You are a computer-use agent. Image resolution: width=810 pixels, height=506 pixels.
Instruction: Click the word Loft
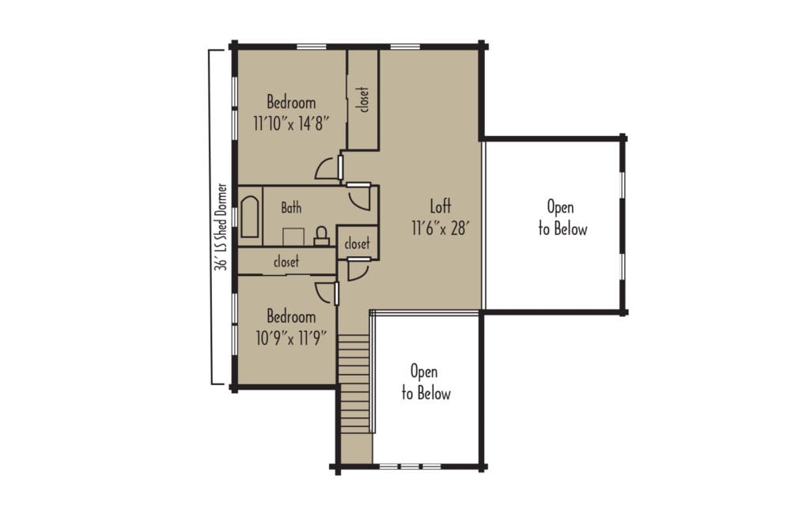[441, 206]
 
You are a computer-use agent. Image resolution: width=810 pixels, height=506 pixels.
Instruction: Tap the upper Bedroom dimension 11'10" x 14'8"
[291, 123]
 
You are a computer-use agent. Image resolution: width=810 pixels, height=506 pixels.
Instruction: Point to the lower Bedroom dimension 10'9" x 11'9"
[291, 338]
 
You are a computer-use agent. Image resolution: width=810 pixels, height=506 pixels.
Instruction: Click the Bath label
[291, 208]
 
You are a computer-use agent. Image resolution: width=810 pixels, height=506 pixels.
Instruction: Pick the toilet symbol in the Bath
[322, 235]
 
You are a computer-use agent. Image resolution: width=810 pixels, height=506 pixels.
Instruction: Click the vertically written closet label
[364, 100]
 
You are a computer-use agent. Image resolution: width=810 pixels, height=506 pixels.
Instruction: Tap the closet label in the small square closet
[357, 244]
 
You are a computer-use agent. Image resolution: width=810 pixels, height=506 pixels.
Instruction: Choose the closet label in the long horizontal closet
[286, 262]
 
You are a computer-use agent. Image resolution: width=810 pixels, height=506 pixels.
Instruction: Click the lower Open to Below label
[426, 382]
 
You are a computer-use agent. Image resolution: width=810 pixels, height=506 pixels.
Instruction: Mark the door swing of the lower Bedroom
[325, 290]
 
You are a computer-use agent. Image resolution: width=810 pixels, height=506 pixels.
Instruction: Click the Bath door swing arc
[359, 198]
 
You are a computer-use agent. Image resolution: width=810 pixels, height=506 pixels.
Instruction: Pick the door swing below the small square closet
[357, 270]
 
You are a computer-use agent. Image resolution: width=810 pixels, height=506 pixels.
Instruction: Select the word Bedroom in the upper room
[291, 103]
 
